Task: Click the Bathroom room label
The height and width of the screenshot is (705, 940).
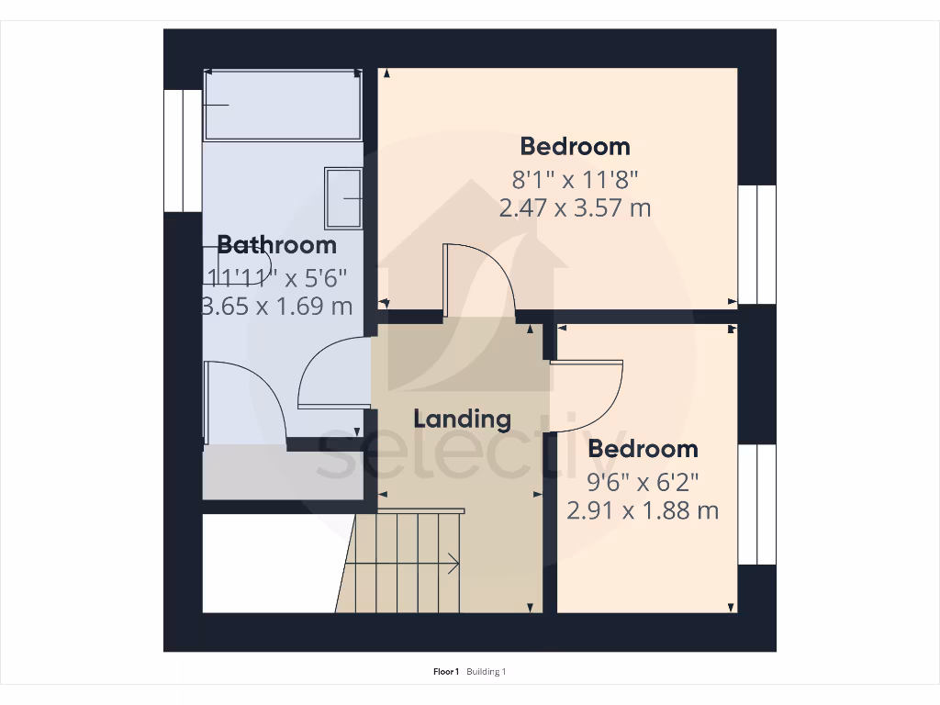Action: tap(276, 245)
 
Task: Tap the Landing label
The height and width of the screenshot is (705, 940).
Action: tap(462, 420)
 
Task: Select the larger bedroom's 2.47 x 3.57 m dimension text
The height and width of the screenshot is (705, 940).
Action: tap(575, 207)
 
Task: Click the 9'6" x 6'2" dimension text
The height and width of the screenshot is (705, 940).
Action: tap(643, 479)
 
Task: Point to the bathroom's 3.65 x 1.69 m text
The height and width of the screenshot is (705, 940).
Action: tap(277, 306)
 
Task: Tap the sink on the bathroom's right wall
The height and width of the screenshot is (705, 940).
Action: tap(343, 197)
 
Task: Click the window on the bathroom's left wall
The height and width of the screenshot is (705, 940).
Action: tap(183, 151)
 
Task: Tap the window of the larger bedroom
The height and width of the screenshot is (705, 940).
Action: tap(757, 244)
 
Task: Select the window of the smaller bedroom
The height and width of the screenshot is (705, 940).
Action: tap(757, 505)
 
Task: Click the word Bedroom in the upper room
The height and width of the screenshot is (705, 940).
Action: tap(575, 146)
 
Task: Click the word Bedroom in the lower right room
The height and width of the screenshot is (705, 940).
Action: tap(643, 449)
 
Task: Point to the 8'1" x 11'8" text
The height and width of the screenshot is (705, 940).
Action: tap(575, 176)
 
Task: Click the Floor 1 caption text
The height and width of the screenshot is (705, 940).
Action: tap(446, 672)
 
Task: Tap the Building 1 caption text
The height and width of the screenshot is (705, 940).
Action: tap(486, 672)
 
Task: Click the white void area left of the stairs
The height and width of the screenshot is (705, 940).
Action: tap(266, 562)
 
